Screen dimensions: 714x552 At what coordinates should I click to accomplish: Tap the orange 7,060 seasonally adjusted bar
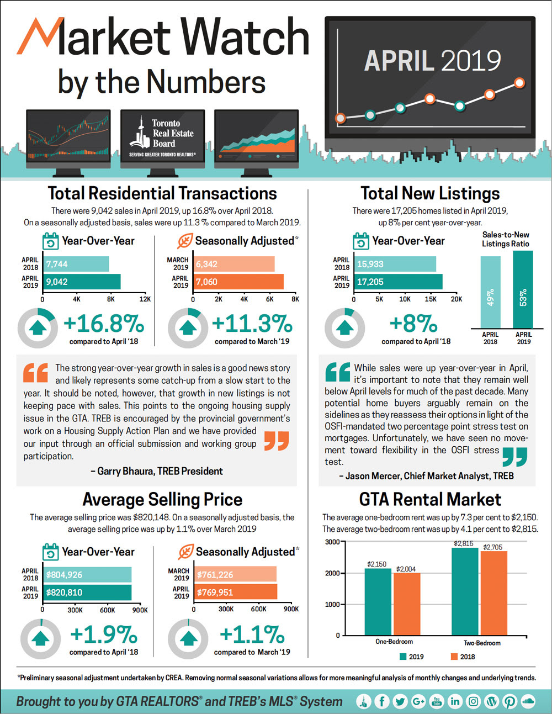click(x=238, y=282)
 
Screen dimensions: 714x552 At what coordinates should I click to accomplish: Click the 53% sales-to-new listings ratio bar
click(x=523, y=290)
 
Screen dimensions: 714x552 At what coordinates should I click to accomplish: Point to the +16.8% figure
click(x=104, y=324)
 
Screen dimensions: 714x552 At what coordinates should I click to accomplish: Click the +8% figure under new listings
click(x=413, y=324)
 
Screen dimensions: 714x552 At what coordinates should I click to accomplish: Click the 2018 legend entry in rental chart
click(x=463, y=657)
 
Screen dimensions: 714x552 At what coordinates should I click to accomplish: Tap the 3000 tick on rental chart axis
click(x=332, y=542)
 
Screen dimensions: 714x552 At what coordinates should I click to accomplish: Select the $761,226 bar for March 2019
click(x=236, y=574)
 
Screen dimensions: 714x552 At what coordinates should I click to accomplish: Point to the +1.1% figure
click(x=252, y=634)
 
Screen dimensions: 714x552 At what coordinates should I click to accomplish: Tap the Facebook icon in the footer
click(x=381, y=701)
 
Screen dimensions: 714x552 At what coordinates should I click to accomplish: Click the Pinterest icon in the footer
click(x=509, y=701)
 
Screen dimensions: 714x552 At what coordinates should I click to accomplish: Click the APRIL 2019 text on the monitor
click(x=432, y=61)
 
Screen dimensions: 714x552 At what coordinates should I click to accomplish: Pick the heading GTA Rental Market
click(x=430, y=499)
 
